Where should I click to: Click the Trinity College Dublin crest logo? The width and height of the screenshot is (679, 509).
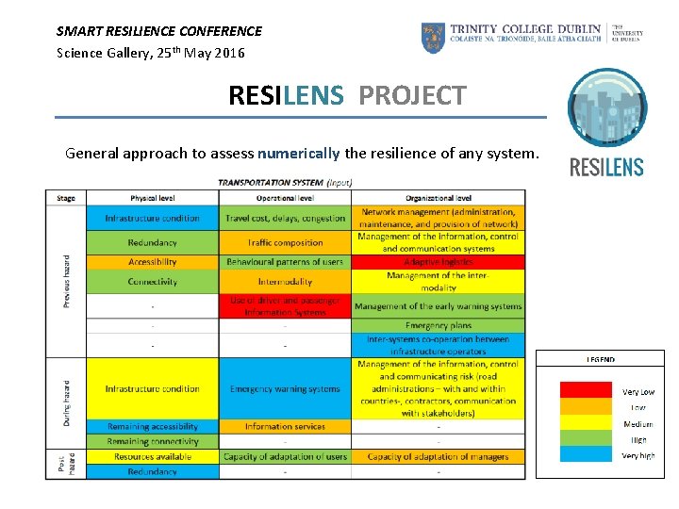[x=434, y=38]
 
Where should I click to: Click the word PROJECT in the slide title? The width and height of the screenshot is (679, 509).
[x=411, y=95]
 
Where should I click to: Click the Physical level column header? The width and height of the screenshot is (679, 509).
[x=152, y=198]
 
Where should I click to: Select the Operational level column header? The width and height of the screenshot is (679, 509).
[x=285, y=198]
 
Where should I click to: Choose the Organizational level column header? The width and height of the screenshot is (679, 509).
[x=439, y=198]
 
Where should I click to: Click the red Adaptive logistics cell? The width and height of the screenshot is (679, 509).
[x=439, y=262]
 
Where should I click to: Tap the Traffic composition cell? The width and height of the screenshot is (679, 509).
[x=285, y=243]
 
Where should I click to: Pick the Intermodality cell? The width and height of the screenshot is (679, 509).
[x=285, y=282]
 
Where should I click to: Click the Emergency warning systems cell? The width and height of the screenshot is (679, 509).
[x=285, y=388]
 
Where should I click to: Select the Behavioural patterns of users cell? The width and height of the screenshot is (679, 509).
[x=285, y=262]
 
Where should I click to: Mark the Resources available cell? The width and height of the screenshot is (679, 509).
[x=152, y=456]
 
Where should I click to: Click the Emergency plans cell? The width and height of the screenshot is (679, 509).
[x=439, y=326]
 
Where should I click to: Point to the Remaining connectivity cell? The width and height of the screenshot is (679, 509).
[x=152, y=441]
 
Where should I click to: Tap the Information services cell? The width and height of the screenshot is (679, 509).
[x=285, y=427]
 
